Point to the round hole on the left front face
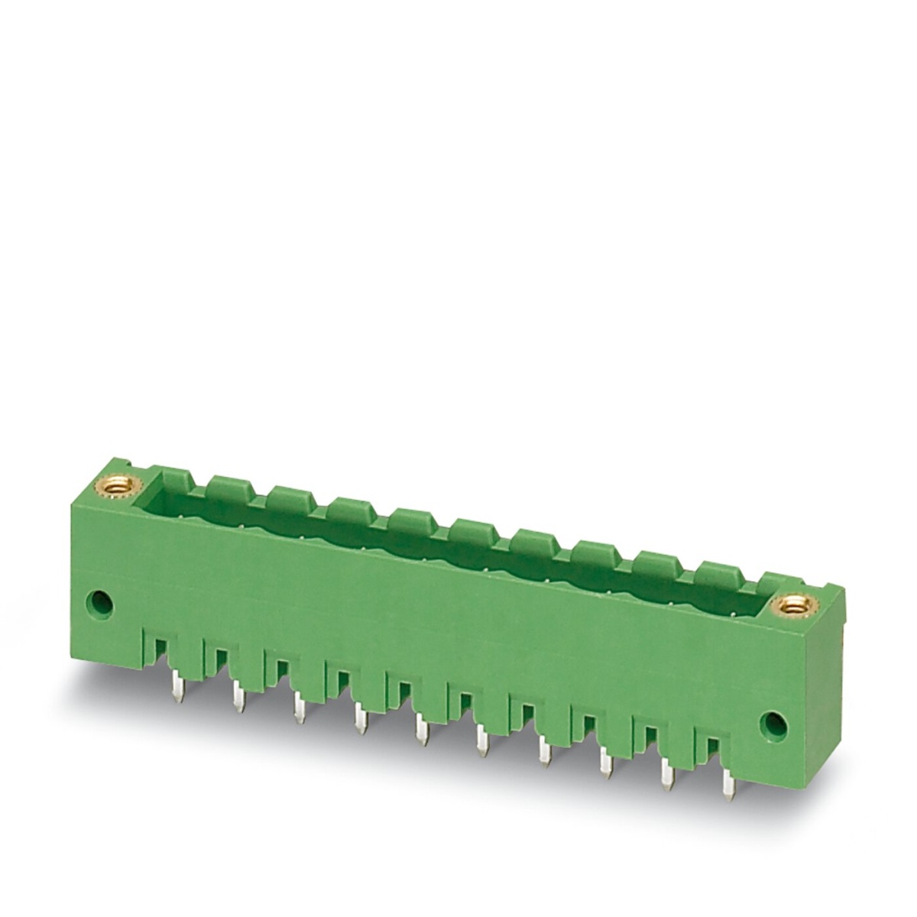coord(100,601)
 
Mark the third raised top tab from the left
coord(352,507)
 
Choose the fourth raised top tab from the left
coord(413,518)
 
